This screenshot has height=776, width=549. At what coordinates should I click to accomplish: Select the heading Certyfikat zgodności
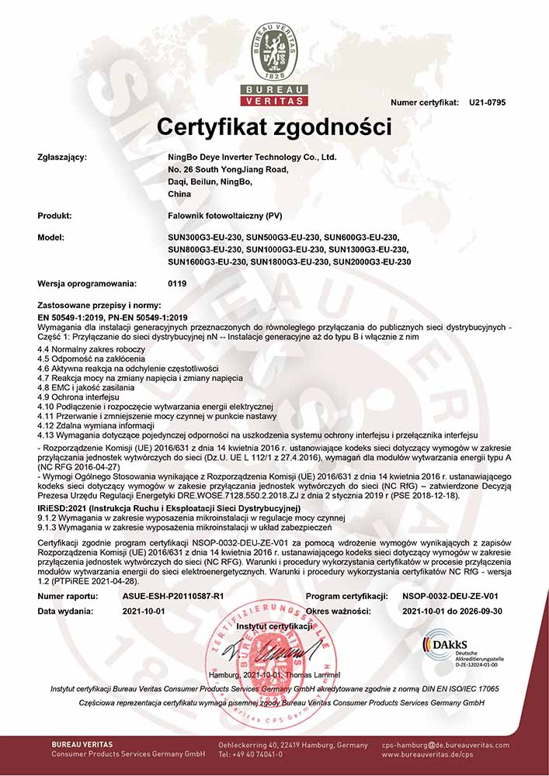(275, 126)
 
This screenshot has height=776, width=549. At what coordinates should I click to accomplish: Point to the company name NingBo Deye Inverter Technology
(252, 157)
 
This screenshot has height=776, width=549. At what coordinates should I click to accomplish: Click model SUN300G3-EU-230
(205, 237)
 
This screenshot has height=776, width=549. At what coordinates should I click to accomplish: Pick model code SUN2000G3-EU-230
(372, 262)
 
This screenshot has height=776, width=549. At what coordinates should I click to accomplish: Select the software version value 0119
(177, 284)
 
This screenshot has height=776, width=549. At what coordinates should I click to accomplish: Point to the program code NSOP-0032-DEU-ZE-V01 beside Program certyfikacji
(450, 596)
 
